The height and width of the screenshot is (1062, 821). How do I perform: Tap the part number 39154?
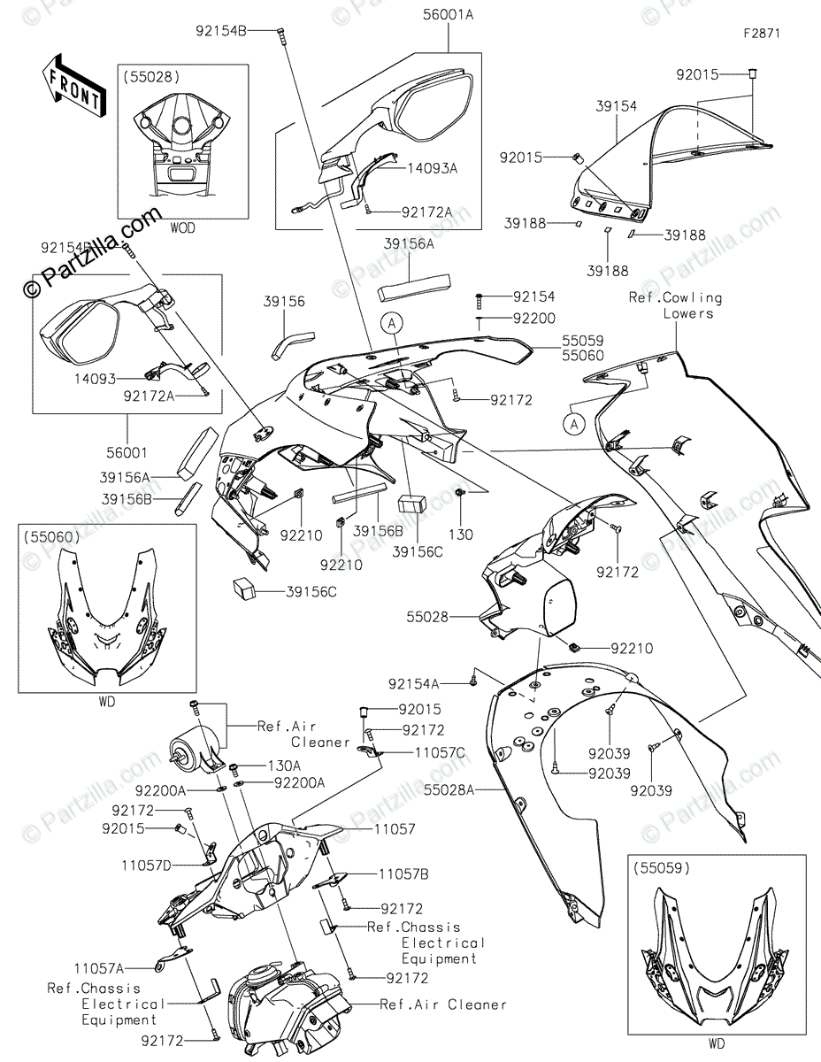[616, 105]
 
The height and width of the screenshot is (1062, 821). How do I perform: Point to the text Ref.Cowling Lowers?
[676, 305]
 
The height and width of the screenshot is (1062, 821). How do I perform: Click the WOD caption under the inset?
[183, 228]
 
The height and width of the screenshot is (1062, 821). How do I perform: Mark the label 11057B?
[404, 873]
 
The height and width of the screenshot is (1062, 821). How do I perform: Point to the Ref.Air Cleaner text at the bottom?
[444, 1004]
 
